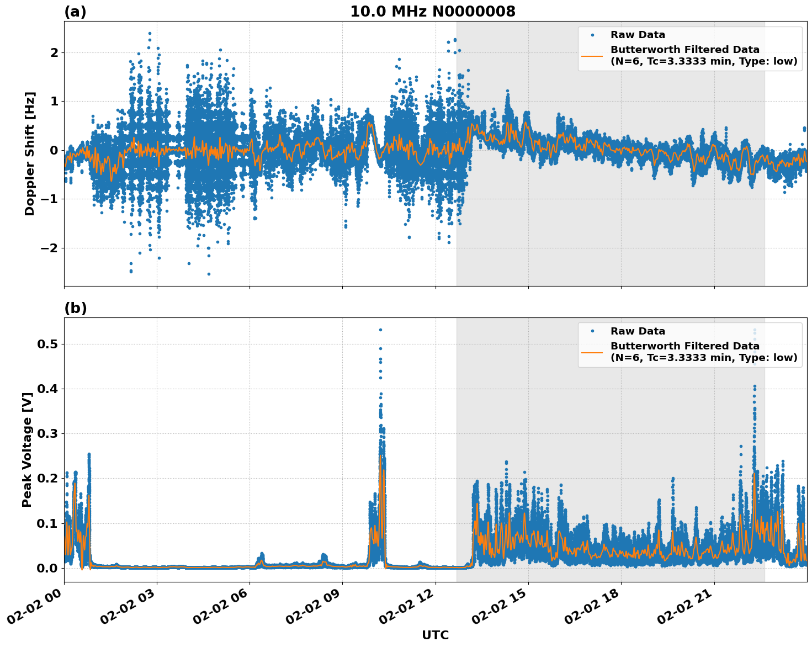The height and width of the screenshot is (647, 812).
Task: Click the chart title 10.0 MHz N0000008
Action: [x=432, y=12]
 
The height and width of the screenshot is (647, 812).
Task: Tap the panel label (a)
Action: [x=75, y=12]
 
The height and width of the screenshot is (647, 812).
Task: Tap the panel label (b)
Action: [x=75, y=308]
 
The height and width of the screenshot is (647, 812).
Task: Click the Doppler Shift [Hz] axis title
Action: [x=30, y=153]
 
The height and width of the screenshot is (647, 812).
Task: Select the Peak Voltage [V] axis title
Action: [x=27, y=446]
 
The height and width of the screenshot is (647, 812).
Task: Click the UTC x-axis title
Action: [x=435, y=635]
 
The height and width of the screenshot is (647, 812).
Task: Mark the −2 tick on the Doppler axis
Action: [x=49, y=248]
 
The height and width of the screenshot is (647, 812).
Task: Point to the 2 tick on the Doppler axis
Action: [x=55, y=52]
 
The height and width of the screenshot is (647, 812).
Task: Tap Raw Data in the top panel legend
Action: [x=638, y=35]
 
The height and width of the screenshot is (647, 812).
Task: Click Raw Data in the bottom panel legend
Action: [x=638, y=331]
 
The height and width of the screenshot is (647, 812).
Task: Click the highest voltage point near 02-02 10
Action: [x=380, y=330]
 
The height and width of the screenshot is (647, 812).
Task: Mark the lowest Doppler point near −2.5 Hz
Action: [x=209, y=274]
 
